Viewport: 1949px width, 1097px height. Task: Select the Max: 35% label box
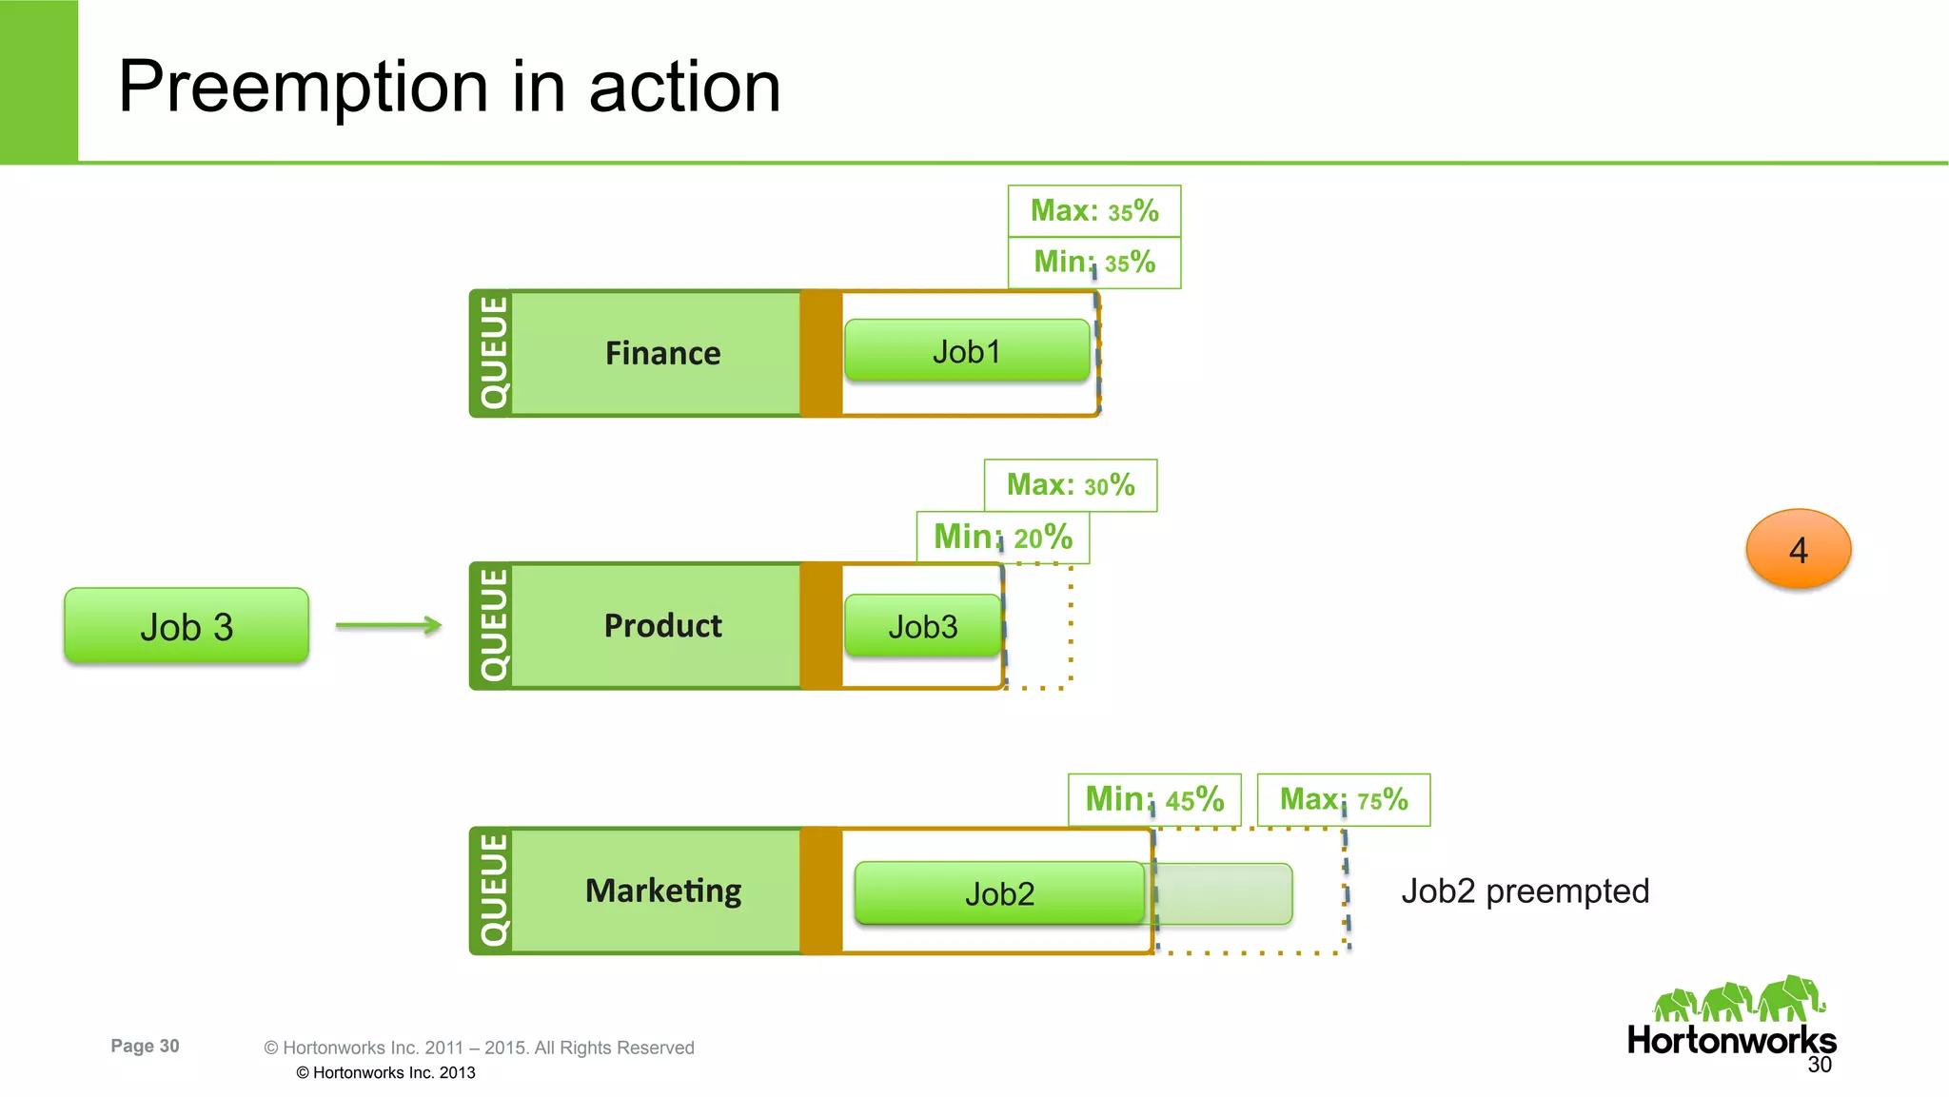(1094, 211)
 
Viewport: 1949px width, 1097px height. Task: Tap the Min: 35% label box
(1094, 263)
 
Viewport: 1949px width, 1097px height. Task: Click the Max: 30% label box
(1071, 486)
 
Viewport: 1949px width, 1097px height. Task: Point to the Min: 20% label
(1003, 538)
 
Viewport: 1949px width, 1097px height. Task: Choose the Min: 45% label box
(1154, 800)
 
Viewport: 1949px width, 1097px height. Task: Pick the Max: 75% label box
(1343, 800)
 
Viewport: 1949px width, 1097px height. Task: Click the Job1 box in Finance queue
(967, 352)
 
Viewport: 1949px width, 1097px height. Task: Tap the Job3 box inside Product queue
(922, 626)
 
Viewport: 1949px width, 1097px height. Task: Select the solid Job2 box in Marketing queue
(999, 893)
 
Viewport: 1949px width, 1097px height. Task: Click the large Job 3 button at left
(187, 626)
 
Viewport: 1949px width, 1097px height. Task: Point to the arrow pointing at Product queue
(388, 625)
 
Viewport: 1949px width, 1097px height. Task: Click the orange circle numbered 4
(1798, 549)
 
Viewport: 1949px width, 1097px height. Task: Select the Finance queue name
(663, 354)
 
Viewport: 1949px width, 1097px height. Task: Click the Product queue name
(663, 626)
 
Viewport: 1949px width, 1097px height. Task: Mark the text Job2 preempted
(1525, 891)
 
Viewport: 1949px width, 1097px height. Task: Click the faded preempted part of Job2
(1224, 894)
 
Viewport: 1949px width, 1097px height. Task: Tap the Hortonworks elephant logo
(1739, 1001)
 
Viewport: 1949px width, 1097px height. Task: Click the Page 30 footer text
(145, 1046)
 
